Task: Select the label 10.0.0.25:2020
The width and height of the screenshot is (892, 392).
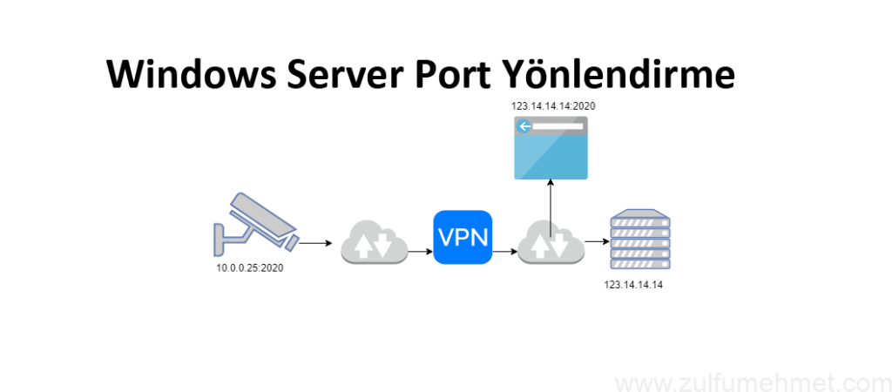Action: pos(250,268)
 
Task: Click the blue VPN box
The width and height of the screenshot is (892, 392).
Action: pos(463,238)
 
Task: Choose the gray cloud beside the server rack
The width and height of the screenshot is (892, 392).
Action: pos(550,242)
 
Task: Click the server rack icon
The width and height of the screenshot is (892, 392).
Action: pos(639,240)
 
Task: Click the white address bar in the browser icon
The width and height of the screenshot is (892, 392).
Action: pos(558,127)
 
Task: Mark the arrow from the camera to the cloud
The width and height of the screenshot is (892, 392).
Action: pos(314,244)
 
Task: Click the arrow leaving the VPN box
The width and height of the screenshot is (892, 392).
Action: pos(504,251)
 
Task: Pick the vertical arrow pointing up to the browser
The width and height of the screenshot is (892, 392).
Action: pos(551,199)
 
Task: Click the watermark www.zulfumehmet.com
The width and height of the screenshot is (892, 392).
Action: pos(748,382)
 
